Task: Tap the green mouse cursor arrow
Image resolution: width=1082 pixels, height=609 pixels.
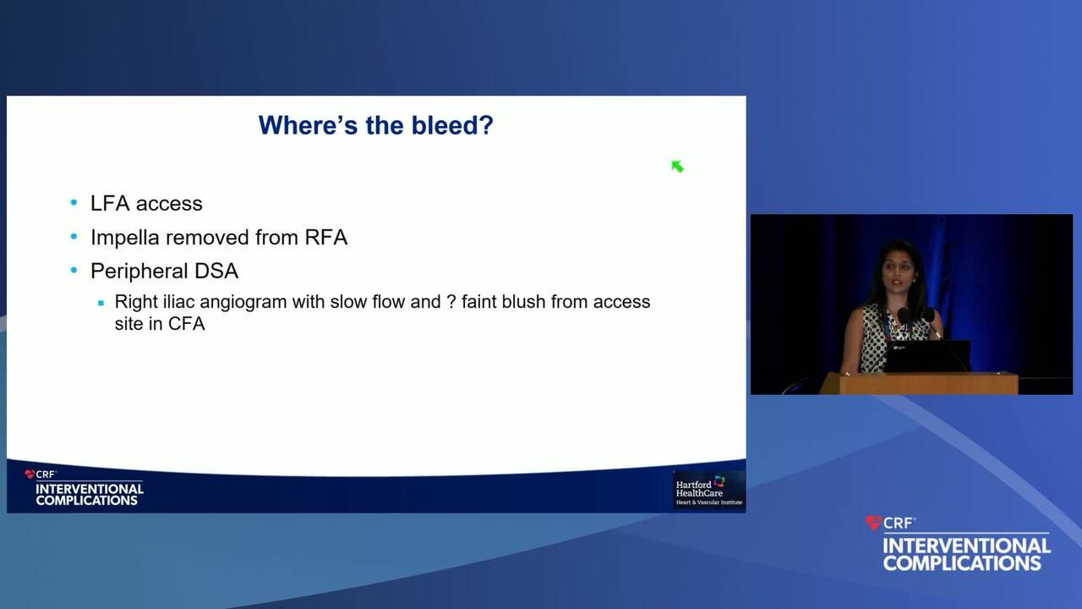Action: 677,167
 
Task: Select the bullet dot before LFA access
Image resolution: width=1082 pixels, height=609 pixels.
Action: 74,202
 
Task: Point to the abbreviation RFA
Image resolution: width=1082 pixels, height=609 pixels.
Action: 326,238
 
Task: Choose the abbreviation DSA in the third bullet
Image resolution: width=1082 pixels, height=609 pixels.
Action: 216,271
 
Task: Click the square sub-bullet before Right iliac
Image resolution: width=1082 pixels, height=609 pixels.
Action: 101,303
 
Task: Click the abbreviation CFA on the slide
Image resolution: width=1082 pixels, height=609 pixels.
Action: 187,324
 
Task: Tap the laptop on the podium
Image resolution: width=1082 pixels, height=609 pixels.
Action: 927,356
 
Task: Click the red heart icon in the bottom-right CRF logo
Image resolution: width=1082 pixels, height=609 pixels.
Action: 873,523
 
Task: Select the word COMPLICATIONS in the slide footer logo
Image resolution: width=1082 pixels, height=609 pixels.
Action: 87,501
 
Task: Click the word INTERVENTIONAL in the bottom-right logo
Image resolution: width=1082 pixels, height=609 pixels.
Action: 966,546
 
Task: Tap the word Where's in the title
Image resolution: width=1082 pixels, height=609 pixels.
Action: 309,125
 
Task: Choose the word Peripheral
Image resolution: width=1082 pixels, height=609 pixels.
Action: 139,272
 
